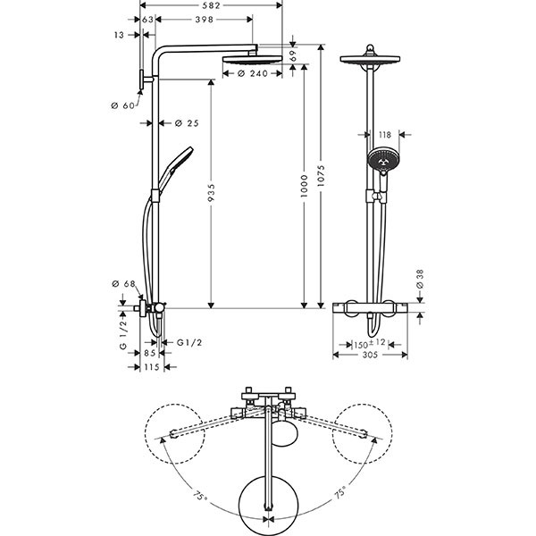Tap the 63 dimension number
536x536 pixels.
(148, 19)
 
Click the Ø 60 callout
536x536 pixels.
(122, 105)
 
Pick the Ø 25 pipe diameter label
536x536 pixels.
(187, 122)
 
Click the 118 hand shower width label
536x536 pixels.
(385, 135)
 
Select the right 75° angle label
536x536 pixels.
(339, 491)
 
